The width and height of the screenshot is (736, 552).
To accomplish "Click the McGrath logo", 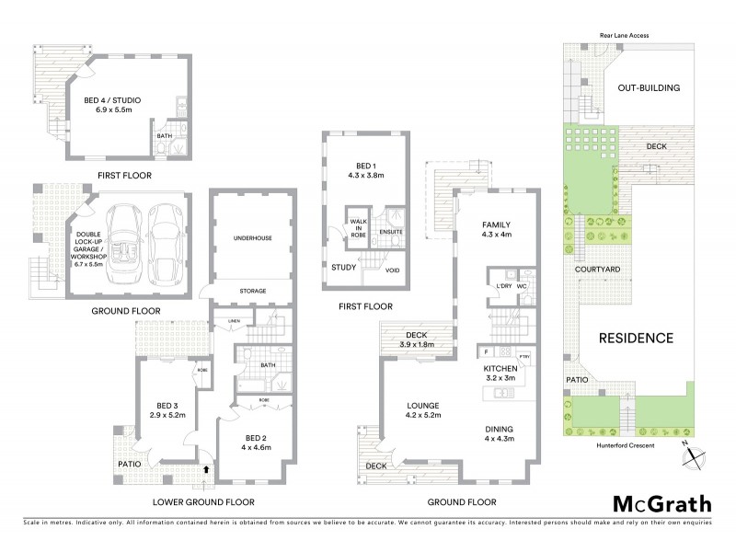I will coord(662,503).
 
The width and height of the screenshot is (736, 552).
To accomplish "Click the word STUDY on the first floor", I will coord(344,268).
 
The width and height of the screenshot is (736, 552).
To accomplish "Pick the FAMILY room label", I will coord(496,224).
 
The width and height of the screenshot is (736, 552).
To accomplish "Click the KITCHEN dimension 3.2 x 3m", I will coord(502,378).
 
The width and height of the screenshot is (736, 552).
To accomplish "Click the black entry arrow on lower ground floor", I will coord(206,468).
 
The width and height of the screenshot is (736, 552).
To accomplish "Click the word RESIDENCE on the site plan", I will coord(637,338).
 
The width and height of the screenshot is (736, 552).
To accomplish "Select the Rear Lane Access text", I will coord(625,34).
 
